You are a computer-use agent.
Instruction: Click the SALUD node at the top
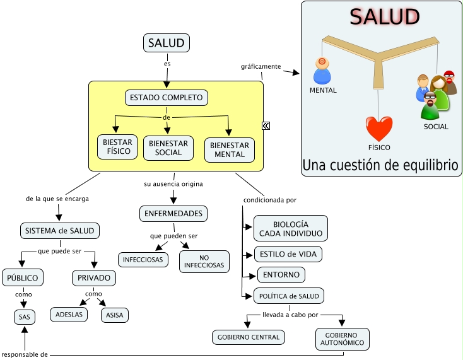[167, 43]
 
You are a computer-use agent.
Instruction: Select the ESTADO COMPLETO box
[167, 98]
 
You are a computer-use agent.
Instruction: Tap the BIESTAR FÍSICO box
[117, 146]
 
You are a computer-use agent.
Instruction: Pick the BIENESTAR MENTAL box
[229, 150]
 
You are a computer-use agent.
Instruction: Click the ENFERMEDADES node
[173, 214]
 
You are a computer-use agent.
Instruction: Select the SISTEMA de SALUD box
[60, 231]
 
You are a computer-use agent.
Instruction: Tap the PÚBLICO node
[23, 277]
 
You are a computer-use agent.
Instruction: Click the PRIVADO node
[94, 277]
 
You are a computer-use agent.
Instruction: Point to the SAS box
[24, 316]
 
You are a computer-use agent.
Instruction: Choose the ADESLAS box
[69, 314]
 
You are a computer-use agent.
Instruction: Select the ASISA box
[115, 314]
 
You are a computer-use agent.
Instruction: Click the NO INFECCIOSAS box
[204, 262]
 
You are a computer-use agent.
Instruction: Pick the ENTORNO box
[281, 275]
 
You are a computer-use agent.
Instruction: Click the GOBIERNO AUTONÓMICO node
[341, 339]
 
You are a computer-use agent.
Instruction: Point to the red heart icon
[379, 129]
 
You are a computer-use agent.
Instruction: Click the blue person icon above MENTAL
[322, 71]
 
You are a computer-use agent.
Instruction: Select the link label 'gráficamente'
[260, 66]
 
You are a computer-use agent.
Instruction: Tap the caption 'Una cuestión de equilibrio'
[380, 165]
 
